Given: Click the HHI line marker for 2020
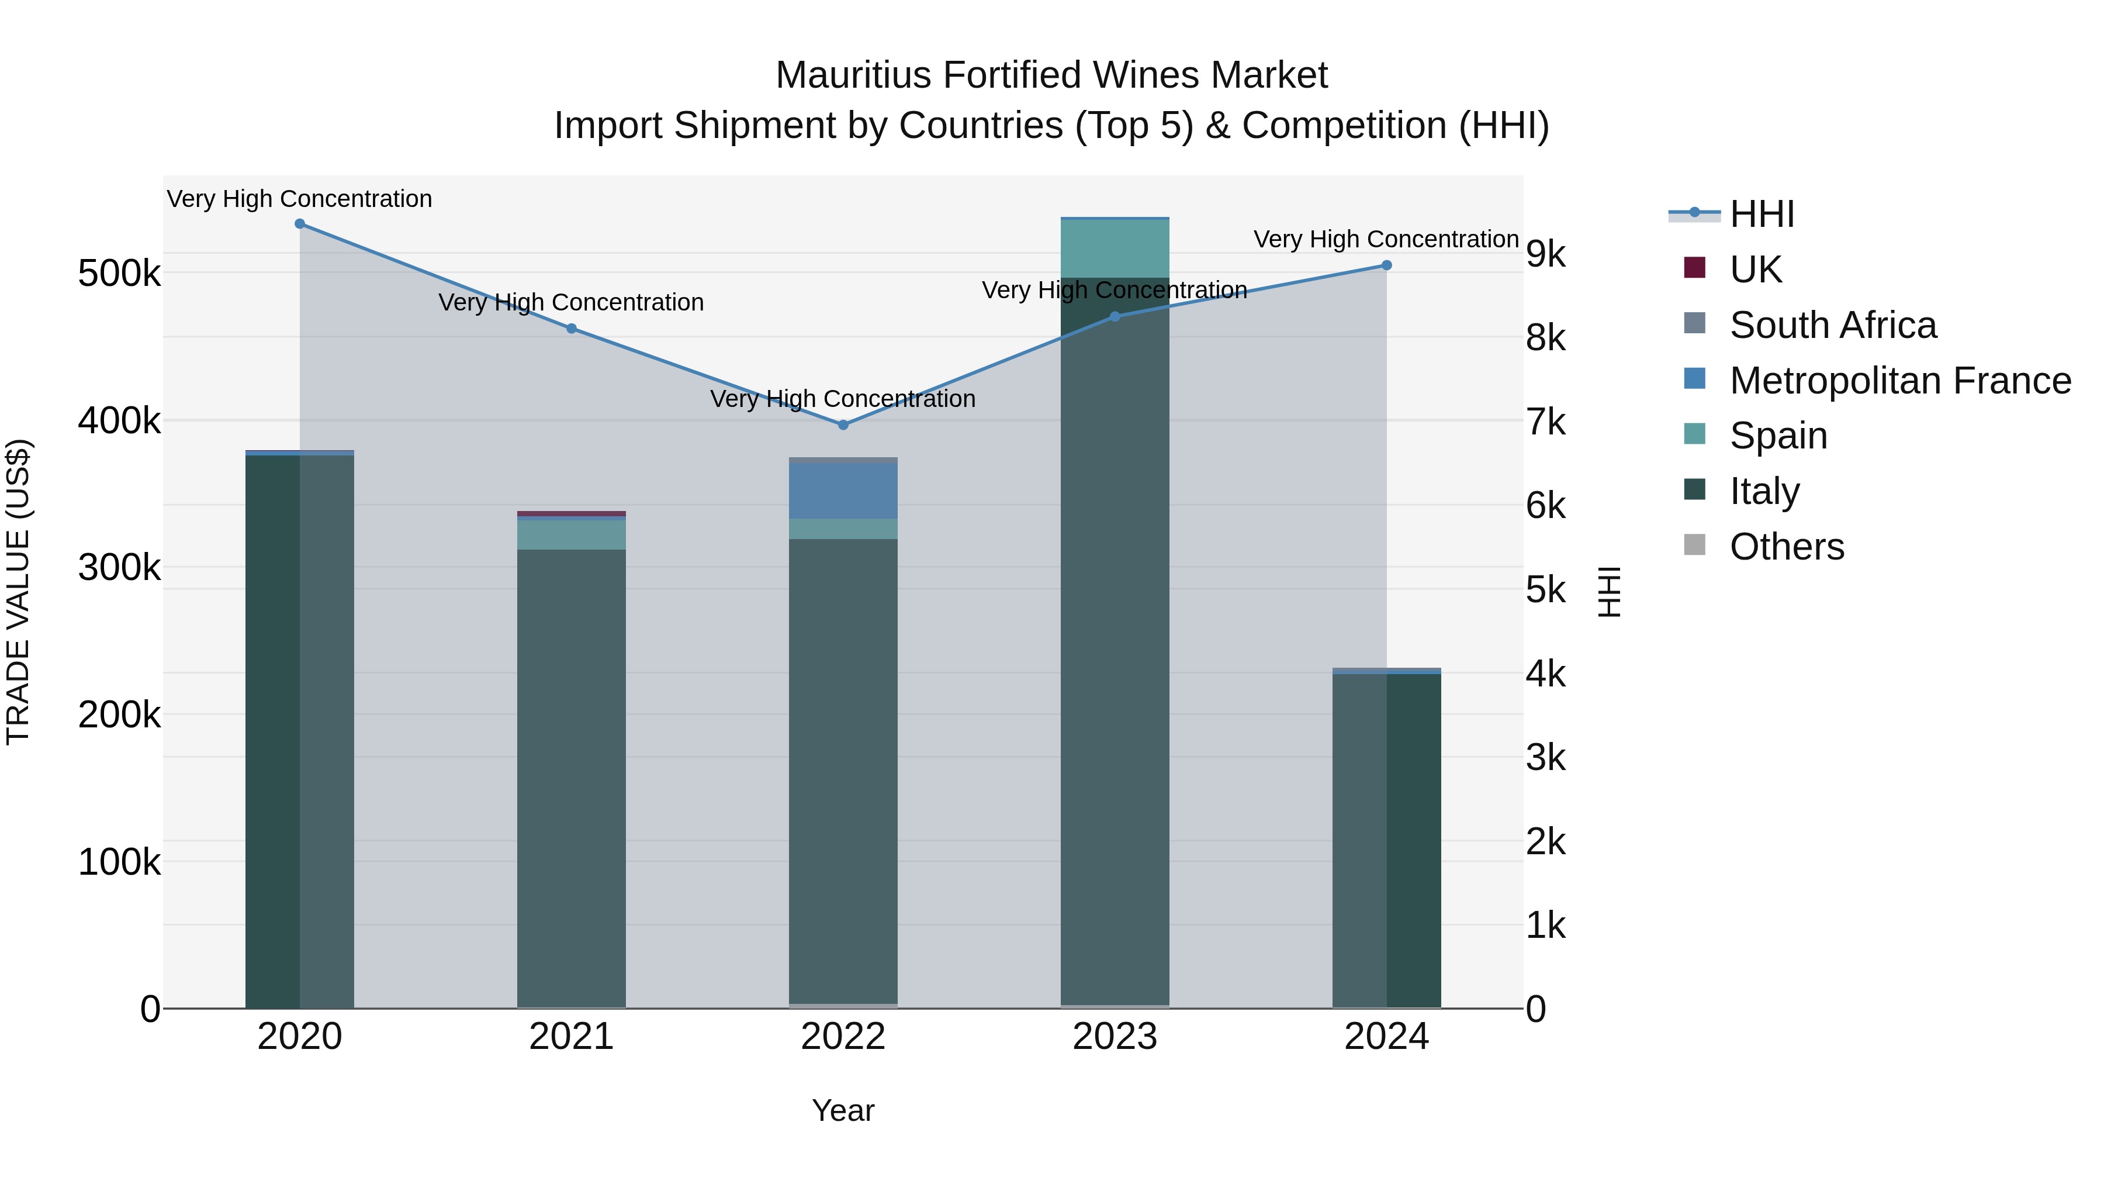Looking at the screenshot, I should [x=300, y=224].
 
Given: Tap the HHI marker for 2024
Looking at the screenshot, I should [x=1387, y=265].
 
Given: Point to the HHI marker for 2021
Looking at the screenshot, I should [x=572, y=329].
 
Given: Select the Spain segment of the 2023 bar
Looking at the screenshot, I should [x=1115, y=249].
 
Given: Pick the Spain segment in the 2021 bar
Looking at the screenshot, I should [x=572, y=535].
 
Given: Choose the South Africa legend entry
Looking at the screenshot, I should [x=1833, y=325].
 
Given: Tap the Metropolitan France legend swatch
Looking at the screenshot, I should [x=1695, y=379].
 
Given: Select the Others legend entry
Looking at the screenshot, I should [x=1786, y=547].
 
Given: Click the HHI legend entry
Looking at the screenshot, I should [x=1762, y=214].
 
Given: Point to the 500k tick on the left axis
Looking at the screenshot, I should [x=119, y=273].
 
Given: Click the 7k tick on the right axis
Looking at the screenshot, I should [x=1546, y=423].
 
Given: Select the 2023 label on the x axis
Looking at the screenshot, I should [x=1115, y=1037].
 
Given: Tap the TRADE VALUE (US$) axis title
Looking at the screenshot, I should [x=18, y=592].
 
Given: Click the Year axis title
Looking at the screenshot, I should [x=843, y=1110].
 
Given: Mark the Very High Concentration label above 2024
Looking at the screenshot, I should [x=1386, y=239].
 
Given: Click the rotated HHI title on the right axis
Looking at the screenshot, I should [x=1608, y=592].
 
